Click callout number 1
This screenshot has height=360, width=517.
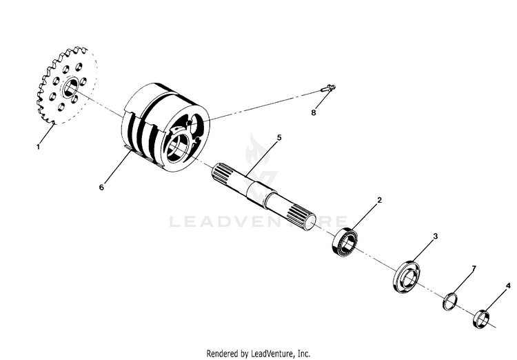click(38, 147)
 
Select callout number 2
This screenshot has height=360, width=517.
click(380, 199)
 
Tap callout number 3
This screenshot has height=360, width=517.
click(435, 237)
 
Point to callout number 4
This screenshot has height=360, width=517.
click(508, 286)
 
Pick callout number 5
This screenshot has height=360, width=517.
click(279, 137)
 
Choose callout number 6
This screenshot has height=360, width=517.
click(101, 187)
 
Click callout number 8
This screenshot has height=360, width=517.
click(313, 112)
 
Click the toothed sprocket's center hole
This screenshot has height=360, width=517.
click(70, 88)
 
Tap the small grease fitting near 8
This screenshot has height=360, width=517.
click(328, 88)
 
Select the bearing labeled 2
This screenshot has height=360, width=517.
click(345, 242)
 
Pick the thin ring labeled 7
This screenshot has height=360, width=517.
click(450, 301)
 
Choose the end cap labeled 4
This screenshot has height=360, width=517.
click(481, 319)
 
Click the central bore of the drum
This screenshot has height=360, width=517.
click(176, 148)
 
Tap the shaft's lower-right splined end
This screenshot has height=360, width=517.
click(299, 217)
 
